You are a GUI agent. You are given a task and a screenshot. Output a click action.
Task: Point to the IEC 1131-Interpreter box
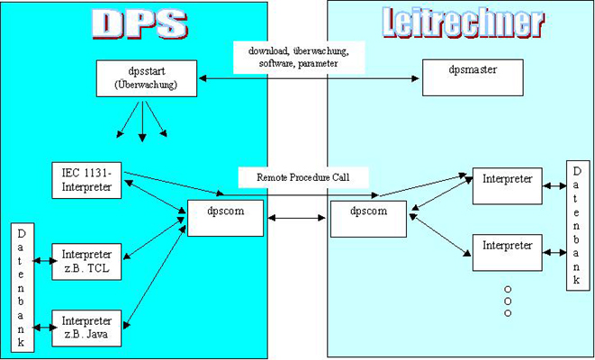click(88, 181)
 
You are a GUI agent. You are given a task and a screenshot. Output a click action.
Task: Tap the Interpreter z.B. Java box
click(86, 328)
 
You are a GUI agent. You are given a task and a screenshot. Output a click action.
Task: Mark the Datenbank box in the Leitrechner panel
click(578, 226)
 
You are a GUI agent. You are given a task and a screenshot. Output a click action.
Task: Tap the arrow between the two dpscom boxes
click(296, 217)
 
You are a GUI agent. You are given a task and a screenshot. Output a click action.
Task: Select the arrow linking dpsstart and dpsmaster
click(311, 79)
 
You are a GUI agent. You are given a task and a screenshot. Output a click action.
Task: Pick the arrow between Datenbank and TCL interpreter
click(42, 262)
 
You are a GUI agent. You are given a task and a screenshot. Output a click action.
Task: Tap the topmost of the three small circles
click(508, 290)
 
